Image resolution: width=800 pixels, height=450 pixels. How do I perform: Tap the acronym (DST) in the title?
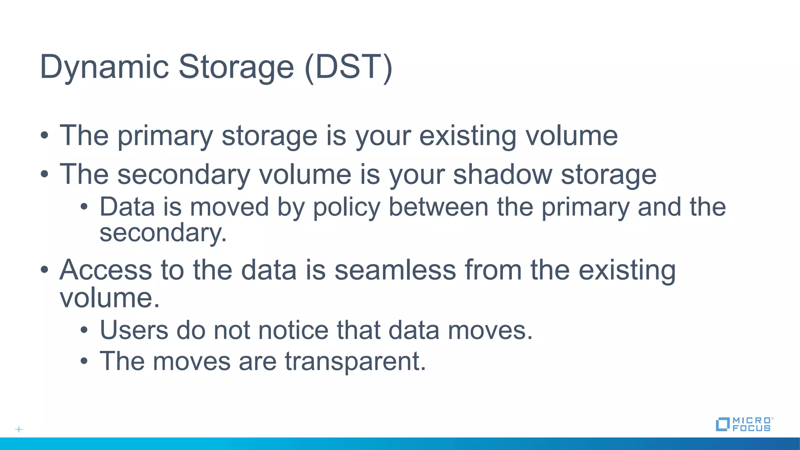(x=348, y=67)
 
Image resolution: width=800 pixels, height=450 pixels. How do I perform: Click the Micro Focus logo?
(x=744, y=424)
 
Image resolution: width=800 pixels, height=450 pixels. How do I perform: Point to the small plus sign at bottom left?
(x=19, y=429)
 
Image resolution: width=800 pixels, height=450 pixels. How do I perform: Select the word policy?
(x=346, y=207)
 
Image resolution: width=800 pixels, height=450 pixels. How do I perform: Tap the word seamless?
(x=395, y=270)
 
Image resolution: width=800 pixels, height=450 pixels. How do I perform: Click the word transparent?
(x=355, y=361)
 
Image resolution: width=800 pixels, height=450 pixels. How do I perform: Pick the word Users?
(x=134, y=330)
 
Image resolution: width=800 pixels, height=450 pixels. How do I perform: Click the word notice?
(x=293, y=330)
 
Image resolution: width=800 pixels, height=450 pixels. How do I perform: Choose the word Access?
(x=105, y=270)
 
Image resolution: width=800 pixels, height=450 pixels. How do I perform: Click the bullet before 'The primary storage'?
(x=45, y=136)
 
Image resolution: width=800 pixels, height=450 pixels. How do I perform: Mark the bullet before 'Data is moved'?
(x=84, y=207)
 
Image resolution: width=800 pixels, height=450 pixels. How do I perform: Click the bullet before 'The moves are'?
(x=84, y=361)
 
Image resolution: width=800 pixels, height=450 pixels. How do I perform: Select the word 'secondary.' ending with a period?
(x=163, y=233)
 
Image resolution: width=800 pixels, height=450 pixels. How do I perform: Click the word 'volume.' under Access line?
(x=110, y=298)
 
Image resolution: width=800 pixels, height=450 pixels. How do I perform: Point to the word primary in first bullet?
(x=165, y=136)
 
